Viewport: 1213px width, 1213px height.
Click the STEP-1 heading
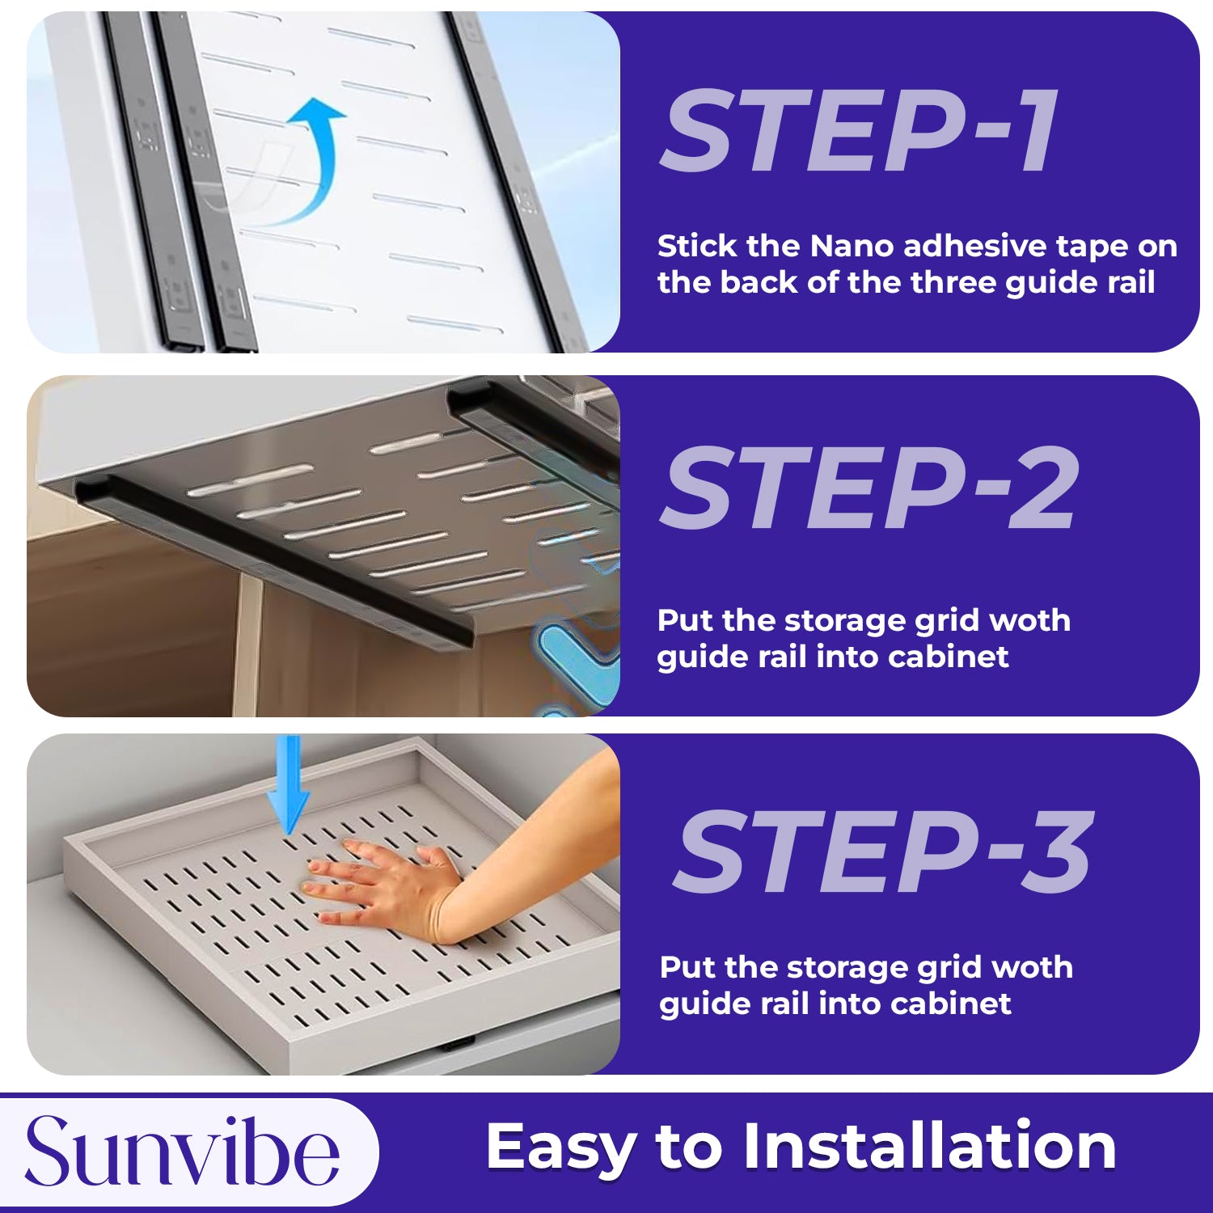click(860, 131)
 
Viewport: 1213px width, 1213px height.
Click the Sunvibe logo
click(182, 1152)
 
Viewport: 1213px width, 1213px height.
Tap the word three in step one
click(953, 282)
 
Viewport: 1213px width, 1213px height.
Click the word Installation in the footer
click(930, 1146)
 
